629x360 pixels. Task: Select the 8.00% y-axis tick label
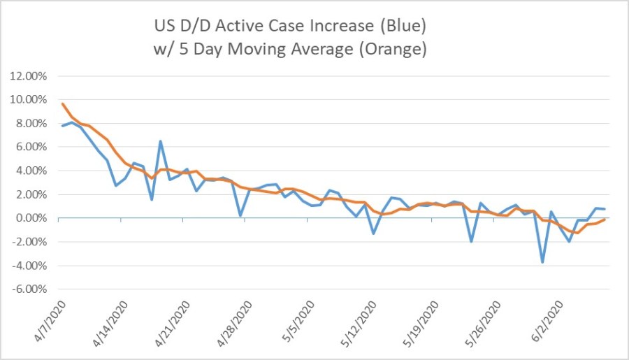30,124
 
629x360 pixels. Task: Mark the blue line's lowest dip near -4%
542,262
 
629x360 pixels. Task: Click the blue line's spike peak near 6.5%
160,141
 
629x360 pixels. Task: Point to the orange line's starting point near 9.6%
62,103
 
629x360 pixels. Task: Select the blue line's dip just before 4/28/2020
240,215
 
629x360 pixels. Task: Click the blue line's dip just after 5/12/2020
374,233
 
